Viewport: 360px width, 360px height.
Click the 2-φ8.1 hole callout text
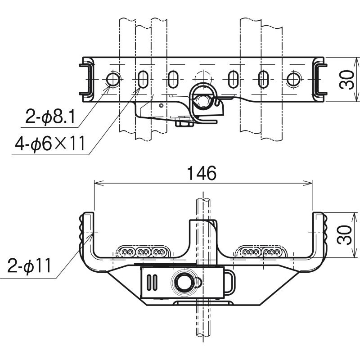pos(50,117)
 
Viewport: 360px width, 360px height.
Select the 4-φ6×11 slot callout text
pos(50,144)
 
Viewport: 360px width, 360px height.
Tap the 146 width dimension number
pos(202,173)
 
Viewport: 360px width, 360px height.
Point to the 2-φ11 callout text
pos(29,266)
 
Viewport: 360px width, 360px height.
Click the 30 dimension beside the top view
pos(346,80)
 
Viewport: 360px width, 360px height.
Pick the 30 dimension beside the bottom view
pos(344,235)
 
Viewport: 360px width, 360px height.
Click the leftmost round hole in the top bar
pos(113,80)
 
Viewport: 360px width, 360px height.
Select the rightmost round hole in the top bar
pos(293,80)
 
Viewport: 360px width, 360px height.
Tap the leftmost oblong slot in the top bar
pos(143,80)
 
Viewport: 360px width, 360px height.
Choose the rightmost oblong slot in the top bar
pos(263,80)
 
